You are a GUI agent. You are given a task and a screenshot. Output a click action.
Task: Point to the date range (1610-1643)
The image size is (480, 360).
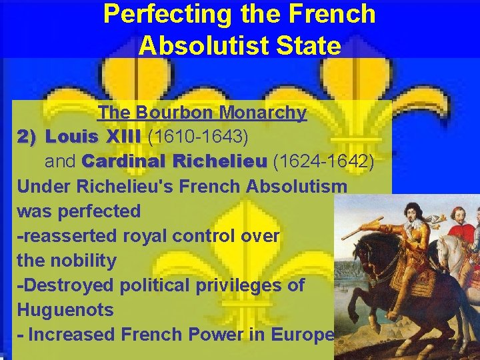pyautogui.click(x=198, y=137)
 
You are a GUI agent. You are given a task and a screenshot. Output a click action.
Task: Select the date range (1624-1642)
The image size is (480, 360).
pyautogui.click(x=323, y=161)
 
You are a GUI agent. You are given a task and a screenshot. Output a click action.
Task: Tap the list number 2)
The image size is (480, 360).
pyautogui.click(x=28, y=137)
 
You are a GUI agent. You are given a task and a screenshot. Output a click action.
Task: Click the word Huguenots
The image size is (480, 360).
pyautogui.click(x=65, y=310)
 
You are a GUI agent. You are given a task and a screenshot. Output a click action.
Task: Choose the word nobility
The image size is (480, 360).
pyautogui.click(x=66, y=260)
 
